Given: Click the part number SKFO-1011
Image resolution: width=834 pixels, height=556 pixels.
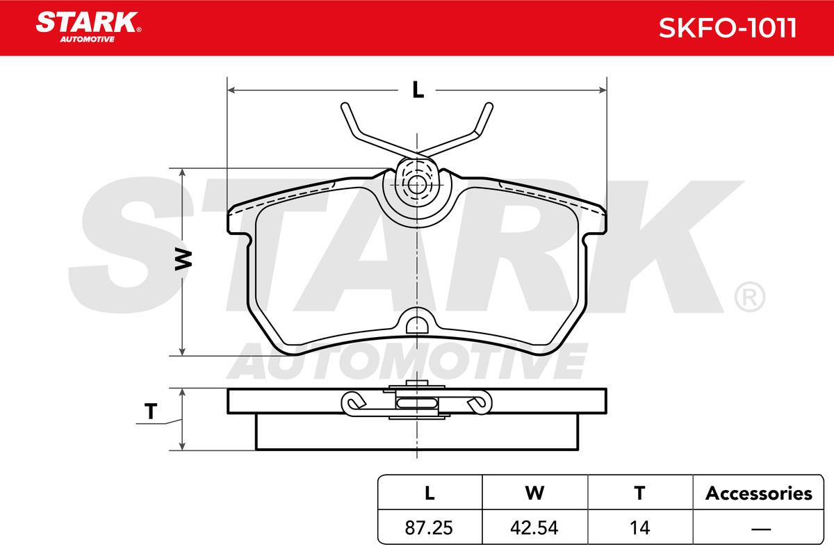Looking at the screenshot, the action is click(x=727, y=28).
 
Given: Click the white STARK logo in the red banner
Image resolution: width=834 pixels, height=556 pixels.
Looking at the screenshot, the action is click(x=88, y=27).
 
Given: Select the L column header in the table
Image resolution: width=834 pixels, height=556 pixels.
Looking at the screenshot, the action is click(x=430, y=493).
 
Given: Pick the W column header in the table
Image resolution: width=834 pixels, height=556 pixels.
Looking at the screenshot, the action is click(x=534, y=493).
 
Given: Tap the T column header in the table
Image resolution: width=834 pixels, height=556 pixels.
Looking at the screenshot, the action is click(x=639, y=493).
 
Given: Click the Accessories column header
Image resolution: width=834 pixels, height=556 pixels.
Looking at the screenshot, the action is click(x=758, y=493).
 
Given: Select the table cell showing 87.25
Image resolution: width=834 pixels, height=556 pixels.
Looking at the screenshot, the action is click(x=429, y=528).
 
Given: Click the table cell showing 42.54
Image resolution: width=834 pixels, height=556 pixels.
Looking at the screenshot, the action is click(x=534, y=528).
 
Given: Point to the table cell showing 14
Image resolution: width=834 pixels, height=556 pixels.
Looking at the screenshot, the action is click(x=639, y=528).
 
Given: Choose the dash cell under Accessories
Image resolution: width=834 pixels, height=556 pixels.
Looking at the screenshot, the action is click(x=761, y=529).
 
